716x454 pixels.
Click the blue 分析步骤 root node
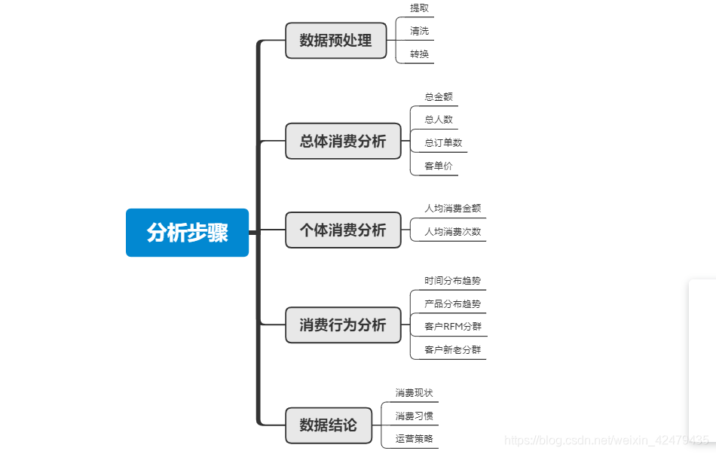187,233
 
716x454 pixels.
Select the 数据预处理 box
335,41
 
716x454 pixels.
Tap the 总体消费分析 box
343,141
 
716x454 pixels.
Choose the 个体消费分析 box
343,230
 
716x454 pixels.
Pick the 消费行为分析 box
343,325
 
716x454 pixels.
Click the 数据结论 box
329,425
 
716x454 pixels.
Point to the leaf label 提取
420,8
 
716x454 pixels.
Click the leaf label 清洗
420,32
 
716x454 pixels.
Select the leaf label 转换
420,54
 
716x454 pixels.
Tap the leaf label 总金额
439,97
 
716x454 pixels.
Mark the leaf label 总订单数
443,143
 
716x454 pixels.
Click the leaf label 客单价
439,166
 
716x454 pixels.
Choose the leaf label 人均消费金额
452,209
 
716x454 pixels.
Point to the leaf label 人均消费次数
452,232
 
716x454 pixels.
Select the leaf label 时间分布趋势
452,281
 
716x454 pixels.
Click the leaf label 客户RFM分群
452,327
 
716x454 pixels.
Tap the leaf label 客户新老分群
452,350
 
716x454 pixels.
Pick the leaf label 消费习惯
415,416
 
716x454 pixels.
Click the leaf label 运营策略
415,439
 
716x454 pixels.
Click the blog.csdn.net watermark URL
607,440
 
